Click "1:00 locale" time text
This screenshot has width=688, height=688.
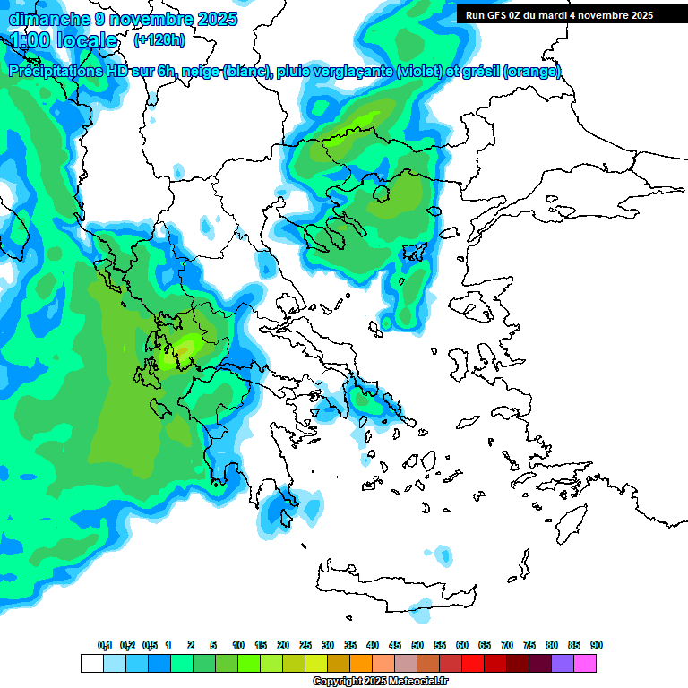64,40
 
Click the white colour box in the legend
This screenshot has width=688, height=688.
92,663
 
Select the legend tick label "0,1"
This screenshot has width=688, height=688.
105,645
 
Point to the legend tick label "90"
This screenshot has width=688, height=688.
597,645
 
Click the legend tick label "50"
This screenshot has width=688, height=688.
417,645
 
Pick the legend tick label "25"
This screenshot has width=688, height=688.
305,645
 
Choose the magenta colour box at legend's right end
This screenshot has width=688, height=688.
585,663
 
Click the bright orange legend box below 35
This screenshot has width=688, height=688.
361,663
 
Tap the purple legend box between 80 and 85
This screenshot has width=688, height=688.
563,663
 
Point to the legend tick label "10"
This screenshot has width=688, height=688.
238,645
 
